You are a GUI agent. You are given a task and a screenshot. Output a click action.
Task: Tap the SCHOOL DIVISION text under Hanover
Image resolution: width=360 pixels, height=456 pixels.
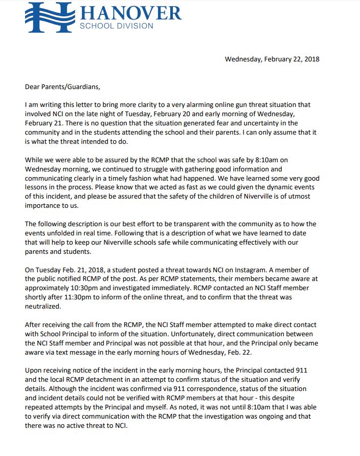tap(116, 26)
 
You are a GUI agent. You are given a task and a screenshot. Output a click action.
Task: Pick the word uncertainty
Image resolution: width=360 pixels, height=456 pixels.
tap(262, 123)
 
